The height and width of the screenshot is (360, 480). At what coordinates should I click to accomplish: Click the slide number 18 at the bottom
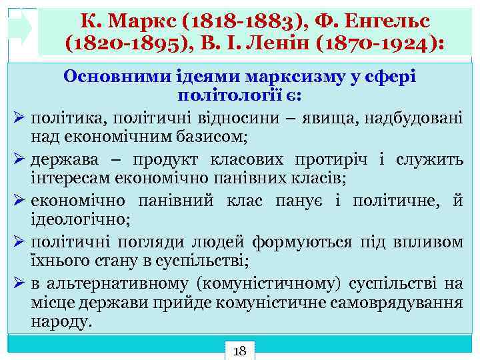[240, 350]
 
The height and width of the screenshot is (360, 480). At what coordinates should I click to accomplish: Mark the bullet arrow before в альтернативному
[19, 283]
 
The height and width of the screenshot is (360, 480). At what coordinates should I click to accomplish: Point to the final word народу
[62, 321]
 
